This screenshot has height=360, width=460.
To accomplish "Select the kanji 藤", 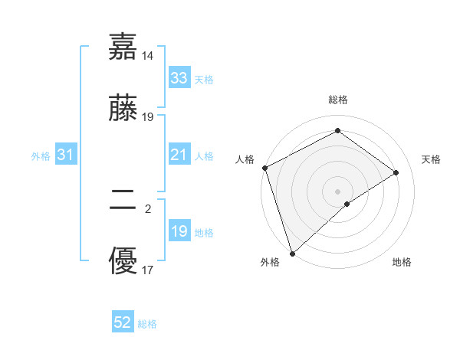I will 123,111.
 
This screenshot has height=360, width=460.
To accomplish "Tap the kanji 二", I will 123,201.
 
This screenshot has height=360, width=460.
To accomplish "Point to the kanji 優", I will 123,263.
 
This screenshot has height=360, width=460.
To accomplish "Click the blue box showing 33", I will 179,78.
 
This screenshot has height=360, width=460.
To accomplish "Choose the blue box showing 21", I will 179,155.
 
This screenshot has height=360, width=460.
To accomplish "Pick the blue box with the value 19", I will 179,231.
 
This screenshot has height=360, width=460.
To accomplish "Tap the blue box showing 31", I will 65,155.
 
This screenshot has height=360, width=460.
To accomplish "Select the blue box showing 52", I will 123,323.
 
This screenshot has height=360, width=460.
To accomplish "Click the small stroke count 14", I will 148,56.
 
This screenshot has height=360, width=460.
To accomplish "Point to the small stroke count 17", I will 148,270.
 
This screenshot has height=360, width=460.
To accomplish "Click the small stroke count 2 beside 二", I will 148,207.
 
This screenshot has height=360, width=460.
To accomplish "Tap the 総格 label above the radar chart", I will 338,100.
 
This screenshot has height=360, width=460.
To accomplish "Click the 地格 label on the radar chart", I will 402,262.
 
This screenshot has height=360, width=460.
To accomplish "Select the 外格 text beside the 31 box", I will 41,155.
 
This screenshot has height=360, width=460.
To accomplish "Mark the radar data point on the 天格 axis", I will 396,172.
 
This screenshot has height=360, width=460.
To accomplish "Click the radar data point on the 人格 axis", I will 264,168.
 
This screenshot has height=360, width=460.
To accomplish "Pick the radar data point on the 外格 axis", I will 292,253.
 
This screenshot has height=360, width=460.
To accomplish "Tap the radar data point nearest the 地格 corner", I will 347,204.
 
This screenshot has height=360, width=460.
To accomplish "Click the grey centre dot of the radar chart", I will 337,191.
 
